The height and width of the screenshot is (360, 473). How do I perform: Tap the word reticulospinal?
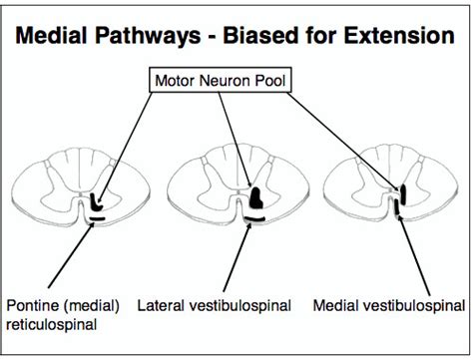point(50,323)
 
